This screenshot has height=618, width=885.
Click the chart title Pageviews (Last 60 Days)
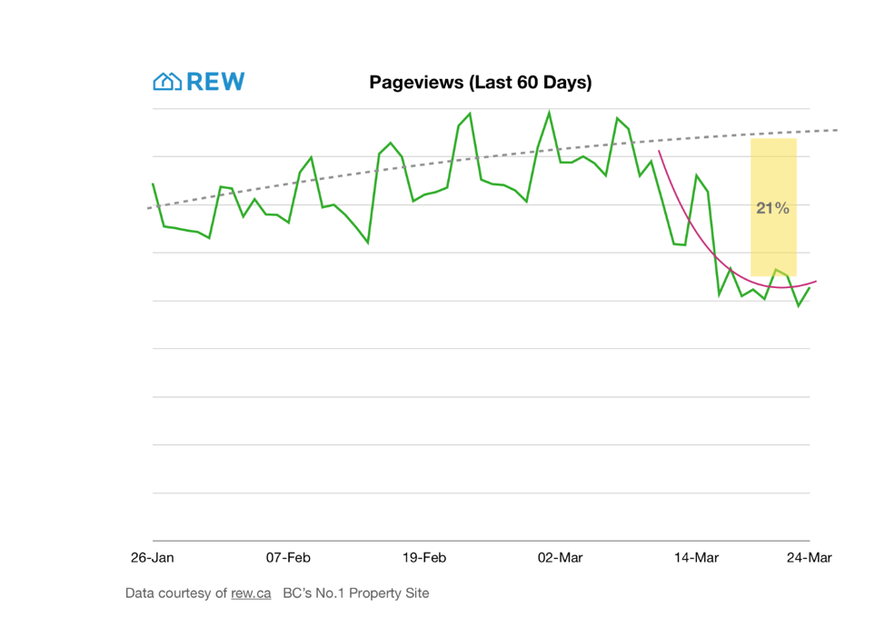[x=480, y=83]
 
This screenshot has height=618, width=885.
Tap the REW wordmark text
[x=215, y=82]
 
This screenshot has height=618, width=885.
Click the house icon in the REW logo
[x=166, y=82]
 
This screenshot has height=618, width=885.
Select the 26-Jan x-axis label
[x=153, y=557]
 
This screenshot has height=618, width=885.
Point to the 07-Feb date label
[x=288, y=557]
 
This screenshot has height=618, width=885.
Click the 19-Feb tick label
[x=424, y=557]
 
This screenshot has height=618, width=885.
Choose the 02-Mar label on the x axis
[x=561, y=557]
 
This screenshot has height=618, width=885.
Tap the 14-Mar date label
[x=696, y=557]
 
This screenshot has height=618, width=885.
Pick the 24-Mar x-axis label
[x=809, y=557]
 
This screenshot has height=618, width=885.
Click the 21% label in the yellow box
[x=772, y=208]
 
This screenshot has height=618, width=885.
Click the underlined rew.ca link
[x=251, y=593]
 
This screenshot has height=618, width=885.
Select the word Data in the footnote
[x=141, y=593]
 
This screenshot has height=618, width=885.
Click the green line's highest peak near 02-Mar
[x=549, y=112]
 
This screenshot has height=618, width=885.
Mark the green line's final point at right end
[x=810, y=287]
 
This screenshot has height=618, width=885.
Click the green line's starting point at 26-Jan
[x=153, y=184]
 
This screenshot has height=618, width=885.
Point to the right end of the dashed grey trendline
[x=837, y=130]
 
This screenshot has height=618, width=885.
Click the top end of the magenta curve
[x=659, y=151]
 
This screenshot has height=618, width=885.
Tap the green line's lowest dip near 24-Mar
[x=799, y=305]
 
